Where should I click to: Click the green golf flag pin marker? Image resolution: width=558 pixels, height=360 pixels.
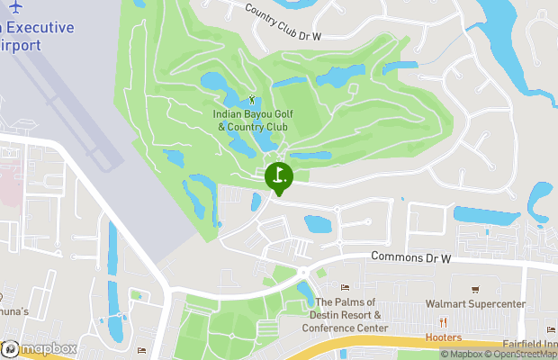(279, 176)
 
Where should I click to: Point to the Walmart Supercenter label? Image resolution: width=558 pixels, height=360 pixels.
(476, 304)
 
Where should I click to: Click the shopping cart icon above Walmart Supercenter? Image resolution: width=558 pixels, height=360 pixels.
(476, 290)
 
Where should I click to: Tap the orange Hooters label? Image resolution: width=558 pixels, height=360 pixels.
(444, 338)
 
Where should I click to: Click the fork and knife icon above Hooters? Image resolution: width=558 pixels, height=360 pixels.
(443, 323)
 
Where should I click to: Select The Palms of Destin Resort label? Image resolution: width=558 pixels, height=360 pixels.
(349, 315)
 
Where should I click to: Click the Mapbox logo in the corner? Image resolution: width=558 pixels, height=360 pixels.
(40, 348)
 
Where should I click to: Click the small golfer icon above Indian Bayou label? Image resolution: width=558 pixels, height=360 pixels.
(251, 98)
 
